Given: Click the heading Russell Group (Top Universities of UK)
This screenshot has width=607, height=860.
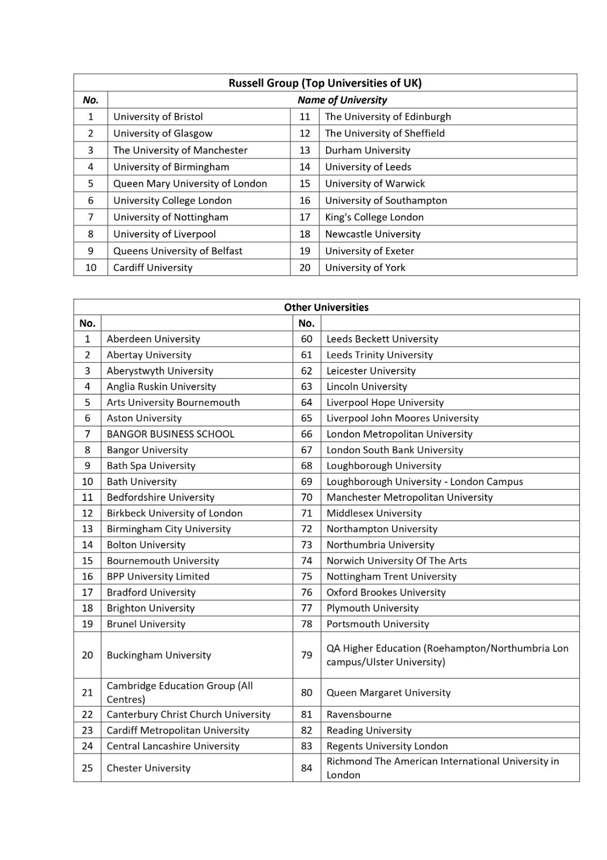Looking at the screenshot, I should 325,83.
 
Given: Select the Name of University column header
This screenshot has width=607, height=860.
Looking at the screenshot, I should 342,100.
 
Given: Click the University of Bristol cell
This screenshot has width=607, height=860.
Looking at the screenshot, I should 158,117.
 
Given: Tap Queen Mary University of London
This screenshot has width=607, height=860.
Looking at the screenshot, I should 190,184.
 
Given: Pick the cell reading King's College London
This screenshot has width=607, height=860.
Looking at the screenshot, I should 374,217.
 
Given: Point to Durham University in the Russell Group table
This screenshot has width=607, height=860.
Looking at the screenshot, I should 367,150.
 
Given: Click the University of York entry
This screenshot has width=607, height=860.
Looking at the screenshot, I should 365,268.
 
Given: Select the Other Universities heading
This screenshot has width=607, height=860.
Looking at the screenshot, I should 326,307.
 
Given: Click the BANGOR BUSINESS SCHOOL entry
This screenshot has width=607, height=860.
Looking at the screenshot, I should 170,434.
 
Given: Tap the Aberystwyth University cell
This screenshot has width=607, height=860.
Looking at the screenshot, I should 160,371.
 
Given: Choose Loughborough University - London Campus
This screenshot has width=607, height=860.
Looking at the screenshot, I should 424,482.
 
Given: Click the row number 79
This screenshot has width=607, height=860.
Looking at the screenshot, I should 306,655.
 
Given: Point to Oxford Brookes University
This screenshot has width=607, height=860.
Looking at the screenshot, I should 386,592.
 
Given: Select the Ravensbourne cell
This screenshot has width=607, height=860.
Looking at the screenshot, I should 359,715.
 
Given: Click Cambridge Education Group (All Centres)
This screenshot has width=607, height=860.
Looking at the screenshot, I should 179,692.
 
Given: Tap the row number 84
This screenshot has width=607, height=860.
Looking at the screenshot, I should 306,768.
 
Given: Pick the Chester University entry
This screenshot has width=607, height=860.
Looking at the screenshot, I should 148,768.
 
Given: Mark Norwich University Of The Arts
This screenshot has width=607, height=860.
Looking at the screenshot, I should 396,561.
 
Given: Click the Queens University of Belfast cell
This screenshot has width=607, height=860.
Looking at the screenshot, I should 177,251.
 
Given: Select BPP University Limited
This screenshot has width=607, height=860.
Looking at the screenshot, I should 158,577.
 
